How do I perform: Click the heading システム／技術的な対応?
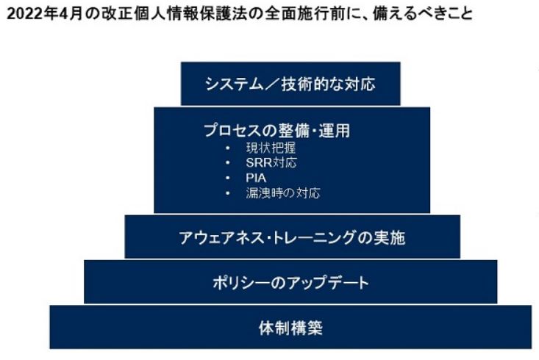pyautogui.click(x=290, y=84)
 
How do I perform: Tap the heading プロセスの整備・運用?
pyautogui.click(x=276, y=130)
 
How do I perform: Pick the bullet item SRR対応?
pyautogui.click(x=271, y=162)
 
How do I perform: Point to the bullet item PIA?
pyautogui.click(x=257, y=178)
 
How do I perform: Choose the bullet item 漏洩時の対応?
pyautogui.click(x=283, y=193)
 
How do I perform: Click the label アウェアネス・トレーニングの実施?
pyautogui.click(x=292, y=238)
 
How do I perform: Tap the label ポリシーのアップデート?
pyautogui.click(x=290, y=282)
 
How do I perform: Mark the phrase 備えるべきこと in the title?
pyautogui.click(x=424, y=14)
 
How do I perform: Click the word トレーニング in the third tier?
pyautogui.click(x=308, y=238)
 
